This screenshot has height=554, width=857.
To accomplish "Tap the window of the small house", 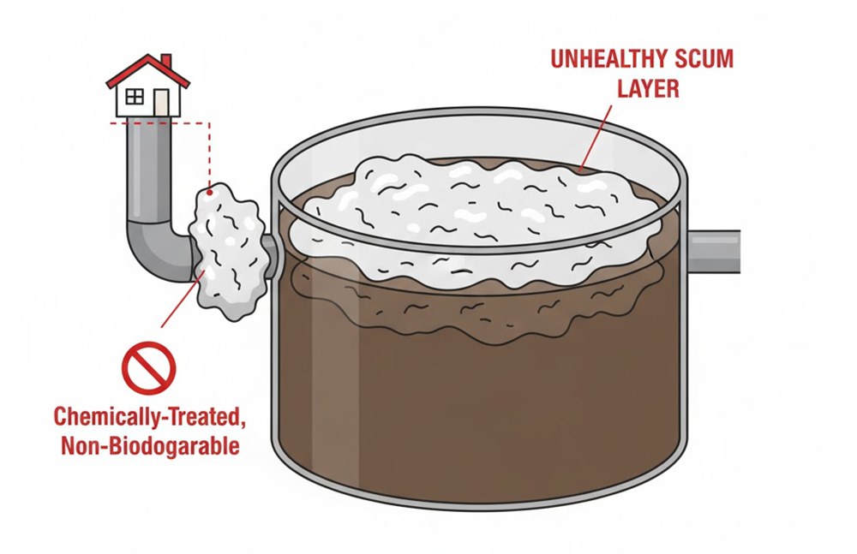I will (135, 97).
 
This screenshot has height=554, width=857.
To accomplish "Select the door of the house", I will (160, 102).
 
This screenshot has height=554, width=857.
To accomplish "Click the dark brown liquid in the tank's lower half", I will (480, 411).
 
